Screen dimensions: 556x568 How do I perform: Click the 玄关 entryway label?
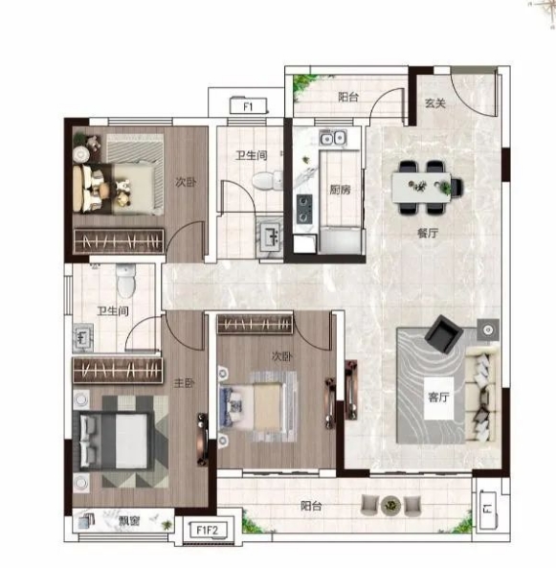pyautogui.click(x=435, y=103)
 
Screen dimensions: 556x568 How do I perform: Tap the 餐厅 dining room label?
pyautogui.click(x=428, y=233)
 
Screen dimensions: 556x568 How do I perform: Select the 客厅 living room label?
pyautogui.click(x=438, y=398)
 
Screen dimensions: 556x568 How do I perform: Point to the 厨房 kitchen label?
pyautogui.click(x=340, y=190)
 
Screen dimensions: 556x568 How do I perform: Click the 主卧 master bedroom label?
pyautogui.click(x=185, y=383)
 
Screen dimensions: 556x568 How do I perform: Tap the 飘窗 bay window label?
pyautogui.click(x=129, y=521)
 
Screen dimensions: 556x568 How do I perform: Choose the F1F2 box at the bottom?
pyautogui.click(x=208, y=531)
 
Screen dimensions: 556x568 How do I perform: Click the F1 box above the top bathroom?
pyautogui.click(x=248, y=106)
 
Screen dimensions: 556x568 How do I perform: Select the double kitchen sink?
pyautogui.click(x=333, y=138)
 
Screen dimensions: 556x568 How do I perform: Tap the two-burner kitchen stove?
pyautogui.click(x=304, y=209)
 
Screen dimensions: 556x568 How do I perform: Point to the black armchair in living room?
pyautogui.click(x=444, y=334)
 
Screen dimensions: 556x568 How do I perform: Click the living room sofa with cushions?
pyautogui.click(x=482, y=394)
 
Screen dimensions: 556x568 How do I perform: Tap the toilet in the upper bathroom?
pyautogui.click(x=267, y=180)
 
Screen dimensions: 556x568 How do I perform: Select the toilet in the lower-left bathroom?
pyautogui.click(x=126, y=281)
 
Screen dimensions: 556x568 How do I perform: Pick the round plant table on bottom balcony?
pyautogui.click(x=391, y=505)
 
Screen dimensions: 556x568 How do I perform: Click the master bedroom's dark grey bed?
pyautogui.click(x=114, y=441)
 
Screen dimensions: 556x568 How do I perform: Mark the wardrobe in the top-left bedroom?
pyautogui.click(x=119, y=240)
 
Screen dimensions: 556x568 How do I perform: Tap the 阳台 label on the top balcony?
pyautogui.click(x=348, y=97)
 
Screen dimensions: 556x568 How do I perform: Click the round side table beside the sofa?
pyautogui.click(x=488, y=329)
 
